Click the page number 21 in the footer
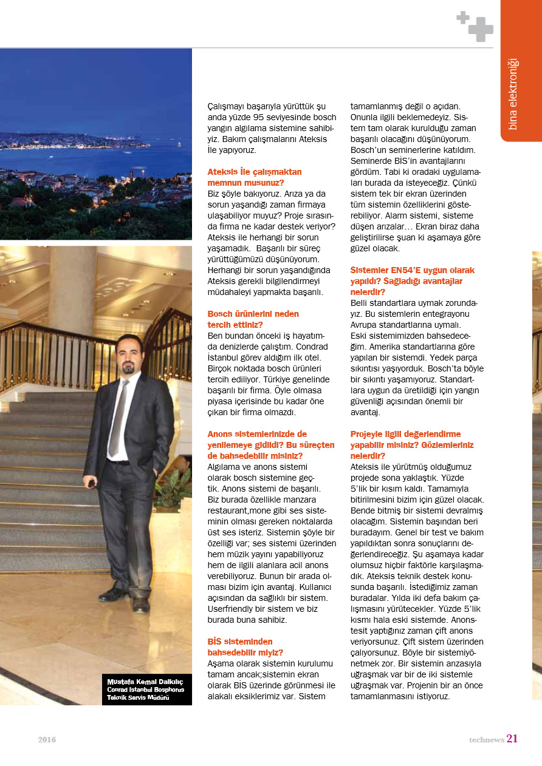coord(512,739)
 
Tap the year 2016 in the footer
coord(47,740)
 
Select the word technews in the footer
coord(486,740)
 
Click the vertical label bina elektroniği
coord(513,94)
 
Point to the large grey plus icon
coord(481,29)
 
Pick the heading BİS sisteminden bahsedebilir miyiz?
coord(245,646)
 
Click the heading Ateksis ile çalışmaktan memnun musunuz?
coord(254,177)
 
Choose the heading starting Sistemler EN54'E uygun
coord(413,280)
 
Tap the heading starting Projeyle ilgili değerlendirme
coord(412,444)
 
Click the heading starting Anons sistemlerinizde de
coord(271,444)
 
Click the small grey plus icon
coord(463,18)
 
